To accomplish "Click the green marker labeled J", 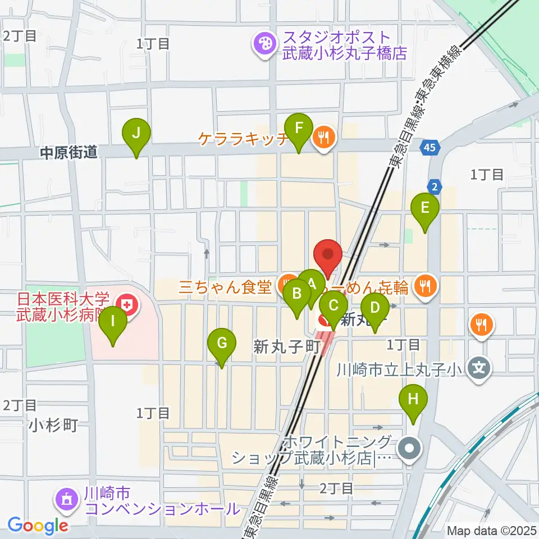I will (x=136, y=134).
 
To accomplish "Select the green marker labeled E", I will (x=425, y=208).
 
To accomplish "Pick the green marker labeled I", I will (x=113, y=322).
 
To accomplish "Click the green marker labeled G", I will (x=221, y=342).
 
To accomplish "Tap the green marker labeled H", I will (x=413, y=399).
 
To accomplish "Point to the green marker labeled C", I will (x=334, y=307).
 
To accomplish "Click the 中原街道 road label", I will (x=69, y=152).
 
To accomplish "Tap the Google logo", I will (x=38, y=525).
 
